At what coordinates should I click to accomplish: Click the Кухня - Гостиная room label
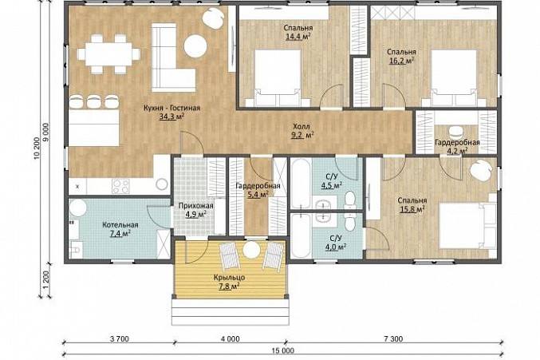coord(171,109)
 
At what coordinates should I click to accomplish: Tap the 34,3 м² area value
coord(171,117)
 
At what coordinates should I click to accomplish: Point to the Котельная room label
coord(120,225)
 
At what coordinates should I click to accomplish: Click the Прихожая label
coord(195,206)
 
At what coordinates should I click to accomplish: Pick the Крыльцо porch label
coord(230,277)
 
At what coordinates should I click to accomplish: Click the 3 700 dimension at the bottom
coord(119,339)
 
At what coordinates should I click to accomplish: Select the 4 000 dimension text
coord(230,339)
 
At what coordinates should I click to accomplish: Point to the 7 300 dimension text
coord(392,339)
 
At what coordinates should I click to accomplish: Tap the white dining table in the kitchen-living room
coord(108,53)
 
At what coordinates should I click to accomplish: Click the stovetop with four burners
coord(120,186)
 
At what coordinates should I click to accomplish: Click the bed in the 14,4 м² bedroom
coord(278,78)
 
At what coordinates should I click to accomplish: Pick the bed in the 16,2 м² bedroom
coord(454,78)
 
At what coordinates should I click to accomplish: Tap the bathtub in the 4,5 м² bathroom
coord(301,184)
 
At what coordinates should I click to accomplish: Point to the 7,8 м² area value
coord(230,287)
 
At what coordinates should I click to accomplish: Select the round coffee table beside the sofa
coord(195,45)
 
